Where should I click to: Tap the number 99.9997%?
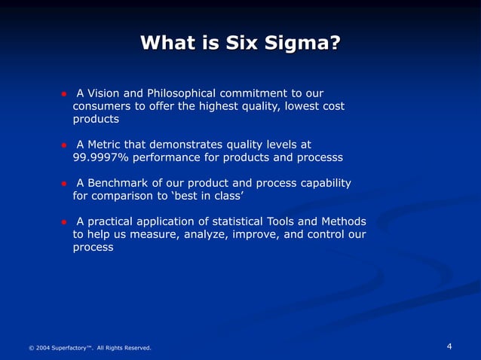coord(101,157)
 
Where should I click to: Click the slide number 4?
coord(449,346)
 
